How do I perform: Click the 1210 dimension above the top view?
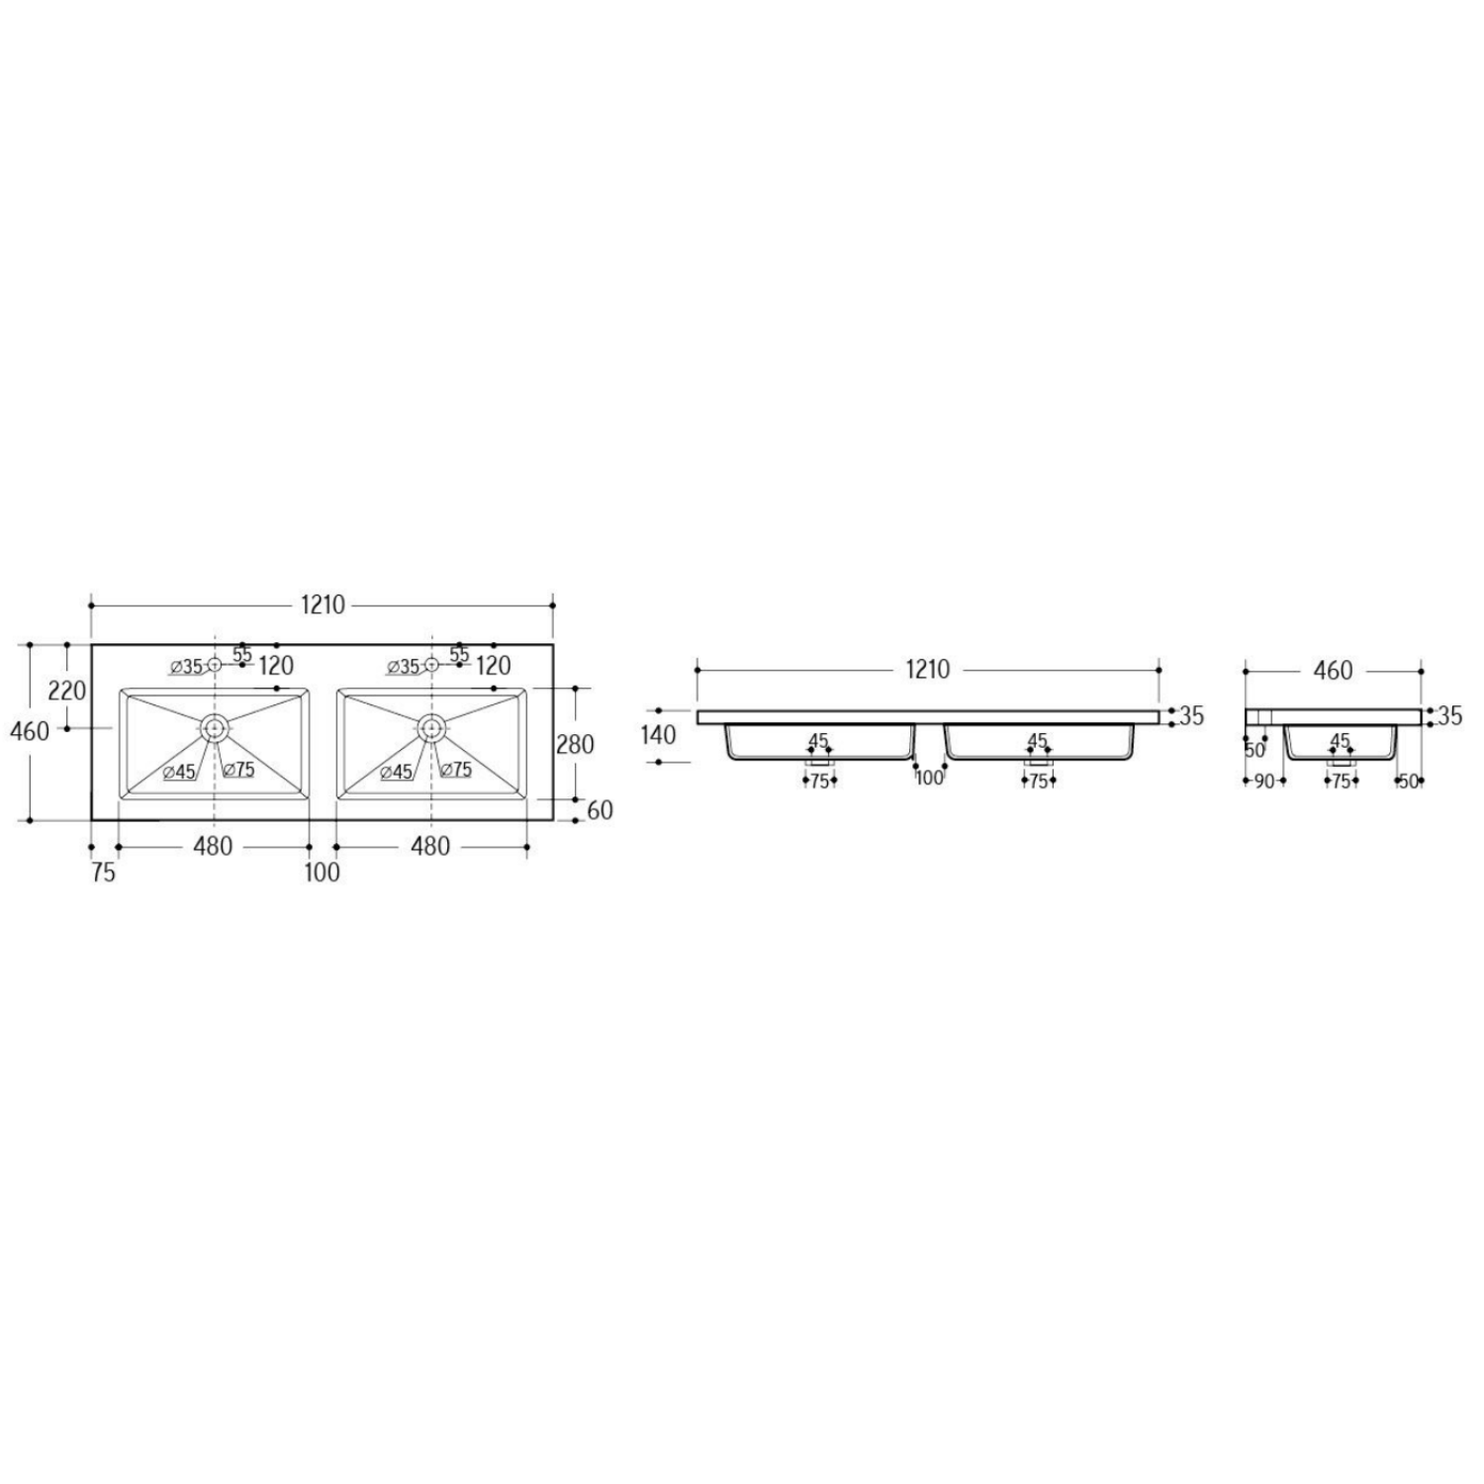[323, 605]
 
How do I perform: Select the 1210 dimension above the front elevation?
[927, 670]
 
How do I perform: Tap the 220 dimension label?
[67, 690]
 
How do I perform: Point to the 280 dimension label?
[575, 744]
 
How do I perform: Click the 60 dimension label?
[600, 810]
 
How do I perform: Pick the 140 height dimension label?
[658, 735]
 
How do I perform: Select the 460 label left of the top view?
[29, 732]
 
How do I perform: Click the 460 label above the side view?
[1333, 671]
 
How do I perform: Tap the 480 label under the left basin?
[213, 847]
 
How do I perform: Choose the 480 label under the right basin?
[430, 847]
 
